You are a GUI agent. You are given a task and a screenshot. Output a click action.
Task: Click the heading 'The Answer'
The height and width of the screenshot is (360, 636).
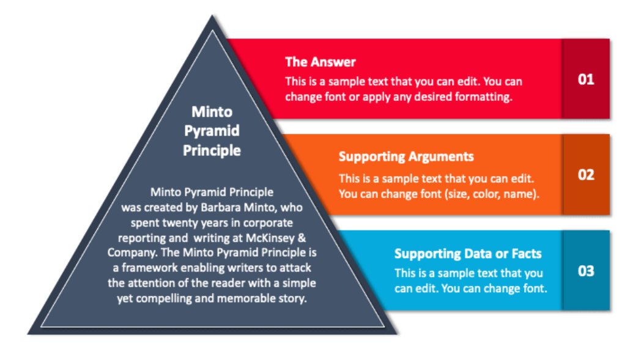click(320, 62)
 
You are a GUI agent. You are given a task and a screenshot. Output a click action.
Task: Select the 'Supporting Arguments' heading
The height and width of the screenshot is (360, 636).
click(406, 156)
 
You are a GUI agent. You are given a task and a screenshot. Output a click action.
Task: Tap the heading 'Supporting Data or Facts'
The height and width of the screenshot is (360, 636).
click(468, 254)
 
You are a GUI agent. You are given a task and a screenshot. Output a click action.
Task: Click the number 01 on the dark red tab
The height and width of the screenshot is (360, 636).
click(586, 79)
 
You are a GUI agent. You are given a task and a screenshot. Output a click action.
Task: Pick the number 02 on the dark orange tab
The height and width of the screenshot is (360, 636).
click(586, 175)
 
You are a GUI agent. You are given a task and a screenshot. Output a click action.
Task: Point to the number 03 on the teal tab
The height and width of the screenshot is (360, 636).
click(586, 271)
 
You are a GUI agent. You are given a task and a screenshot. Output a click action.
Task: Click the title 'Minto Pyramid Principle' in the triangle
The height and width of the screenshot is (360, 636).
click(212, 131)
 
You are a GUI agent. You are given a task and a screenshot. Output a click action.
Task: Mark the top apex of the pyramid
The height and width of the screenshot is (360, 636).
click(213, 17)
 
